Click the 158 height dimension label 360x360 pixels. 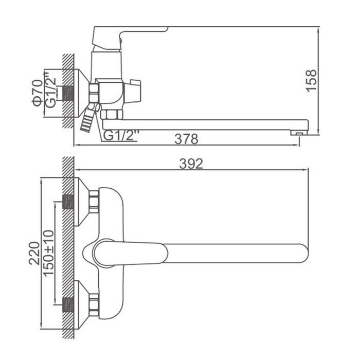tap(312, 81)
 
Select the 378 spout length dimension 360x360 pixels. tap(186, 139)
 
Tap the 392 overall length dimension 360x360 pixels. tap(191, 164)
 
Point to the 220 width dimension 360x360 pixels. tap(34, 253)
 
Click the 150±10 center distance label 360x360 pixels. tap(48, 253)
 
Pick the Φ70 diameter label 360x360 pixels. tap(38, 93)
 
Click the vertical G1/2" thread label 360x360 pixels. tap(50, 90)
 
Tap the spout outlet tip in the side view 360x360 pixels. tap(299, 133)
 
